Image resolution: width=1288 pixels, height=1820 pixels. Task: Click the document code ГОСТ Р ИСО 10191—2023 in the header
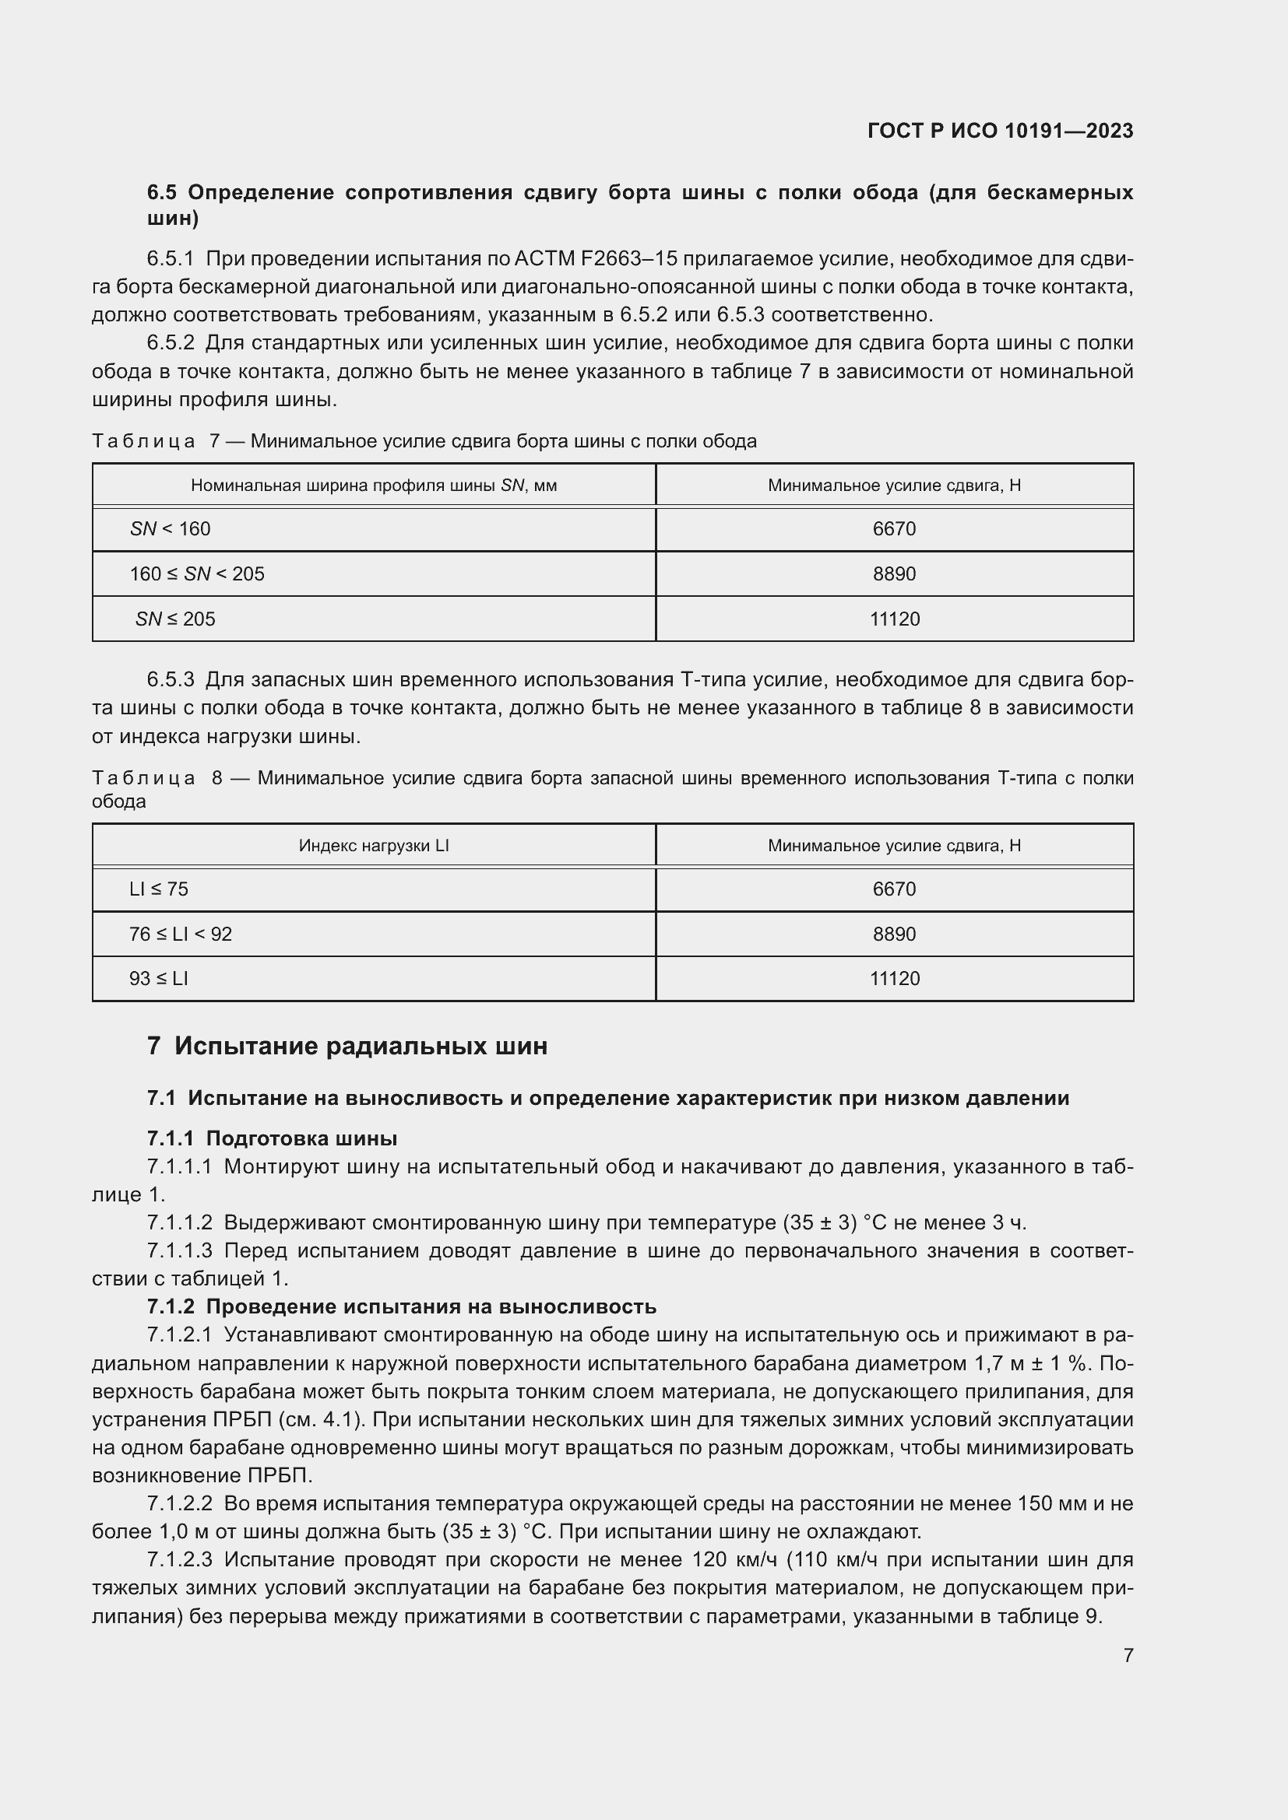[1000, 131]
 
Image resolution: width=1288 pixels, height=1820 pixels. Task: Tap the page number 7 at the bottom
[1128, 1655]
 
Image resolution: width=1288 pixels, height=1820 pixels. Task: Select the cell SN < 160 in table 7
[170, 528]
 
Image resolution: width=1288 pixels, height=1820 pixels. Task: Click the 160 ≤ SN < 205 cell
[197, 574]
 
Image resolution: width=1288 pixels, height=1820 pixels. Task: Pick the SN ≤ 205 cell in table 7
[174, 619]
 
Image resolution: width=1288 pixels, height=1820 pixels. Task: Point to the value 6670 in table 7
[894, 528]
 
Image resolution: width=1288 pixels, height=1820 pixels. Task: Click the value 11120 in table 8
[894, 979]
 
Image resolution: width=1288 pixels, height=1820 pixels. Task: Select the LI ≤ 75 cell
[159, 889]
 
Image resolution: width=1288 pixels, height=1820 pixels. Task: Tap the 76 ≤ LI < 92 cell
[180, 935]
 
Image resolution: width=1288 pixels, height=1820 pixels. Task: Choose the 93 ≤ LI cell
[159, 979]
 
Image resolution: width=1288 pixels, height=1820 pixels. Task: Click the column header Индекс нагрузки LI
[374, 846]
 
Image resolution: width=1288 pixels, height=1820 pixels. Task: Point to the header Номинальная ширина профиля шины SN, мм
[374, 485]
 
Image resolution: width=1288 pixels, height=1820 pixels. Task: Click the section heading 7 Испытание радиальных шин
[347, 1047]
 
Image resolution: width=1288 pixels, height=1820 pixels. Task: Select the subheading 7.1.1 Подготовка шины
[272, 1139]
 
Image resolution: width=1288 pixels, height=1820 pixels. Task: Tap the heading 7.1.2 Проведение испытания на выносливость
[401, 1307]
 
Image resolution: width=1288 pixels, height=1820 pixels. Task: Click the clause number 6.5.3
[171, 680]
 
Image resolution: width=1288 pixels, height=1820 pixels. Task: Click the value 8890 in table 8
[894, 935]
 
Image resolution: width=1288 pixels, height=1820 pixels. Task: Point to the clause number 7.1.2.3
[179, 1560]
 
